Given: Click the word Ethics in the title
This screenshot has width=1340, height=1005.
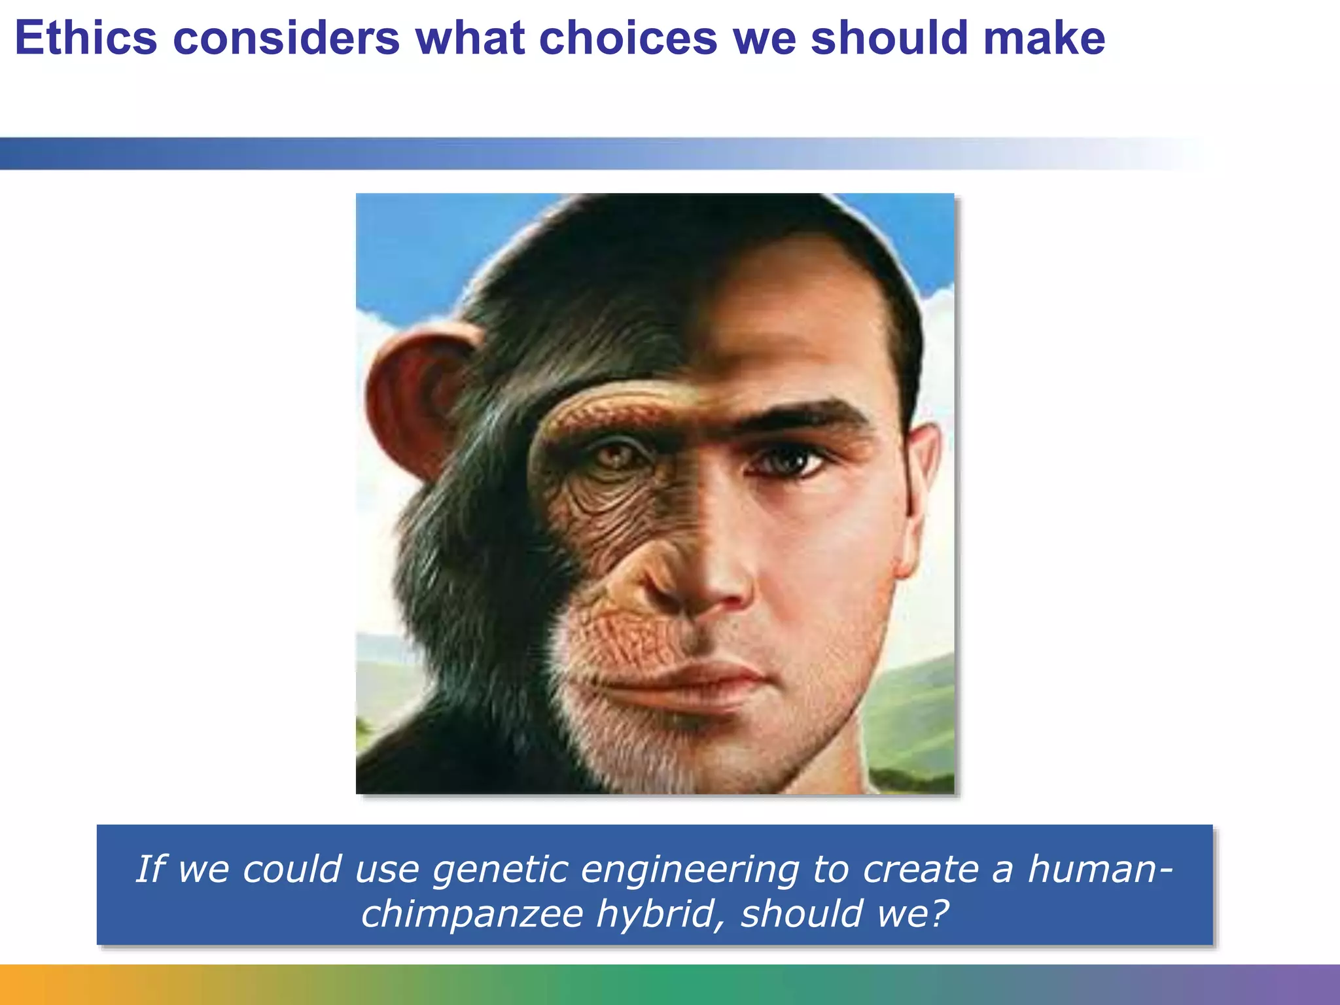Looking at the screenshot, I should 86,38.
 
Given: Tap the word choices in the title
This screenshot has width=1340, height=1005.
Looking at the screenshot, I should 628,38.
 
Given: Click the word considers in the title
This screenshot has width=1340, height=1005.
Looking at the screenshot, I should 286,38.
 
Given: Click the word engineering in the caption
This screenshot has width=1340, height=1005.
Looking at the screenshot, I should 690,870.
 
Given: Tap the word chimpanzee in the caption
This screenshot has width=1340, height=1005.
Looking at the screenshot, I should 472,914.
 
